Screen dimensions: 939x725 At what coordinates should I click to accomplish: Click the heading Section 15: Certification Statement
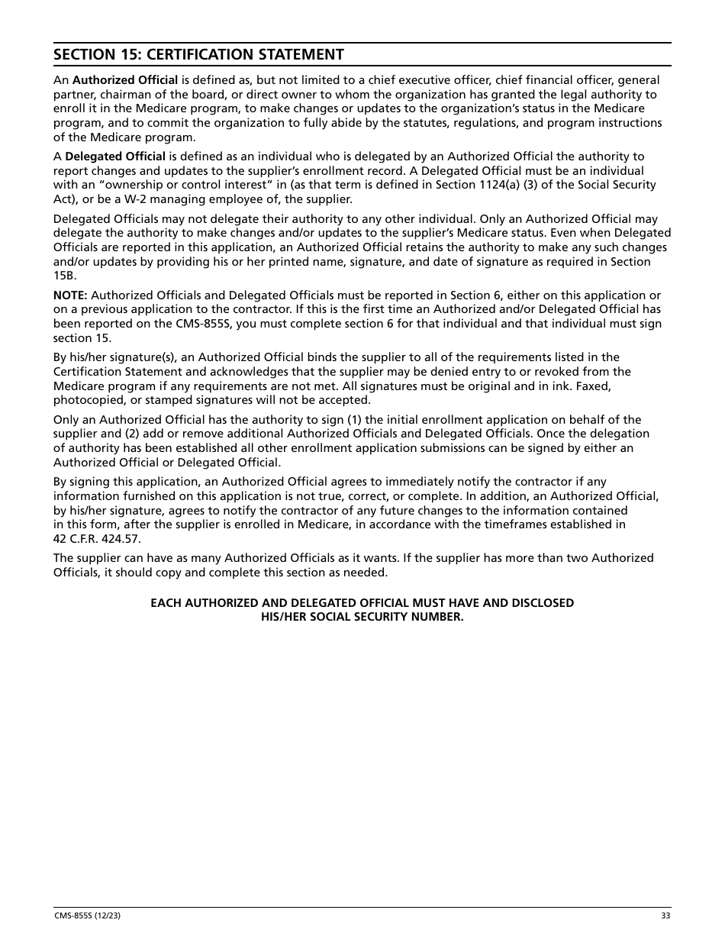tap(198, 54)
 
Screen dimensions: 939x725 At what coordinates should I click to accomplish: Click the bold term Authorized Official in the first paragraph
tap(125, 80)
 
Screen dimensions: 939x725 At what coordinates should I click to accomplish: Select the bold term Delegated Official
tap(115, 156)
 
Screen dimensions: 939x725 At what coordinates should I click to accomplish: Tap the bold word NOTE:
tap(70, 295)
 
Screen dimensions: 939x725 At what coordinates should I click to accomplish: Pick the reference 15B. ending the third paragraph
tap(65, 276)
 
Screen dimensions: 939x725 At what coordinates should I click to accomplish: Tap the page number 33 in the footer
tap(665, 916)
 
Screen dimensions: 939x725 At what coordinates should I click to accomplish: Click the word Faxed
tap(594, 386)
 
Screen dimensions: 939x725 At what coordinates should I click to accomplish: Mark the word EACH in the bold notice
tap(165, 603)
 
